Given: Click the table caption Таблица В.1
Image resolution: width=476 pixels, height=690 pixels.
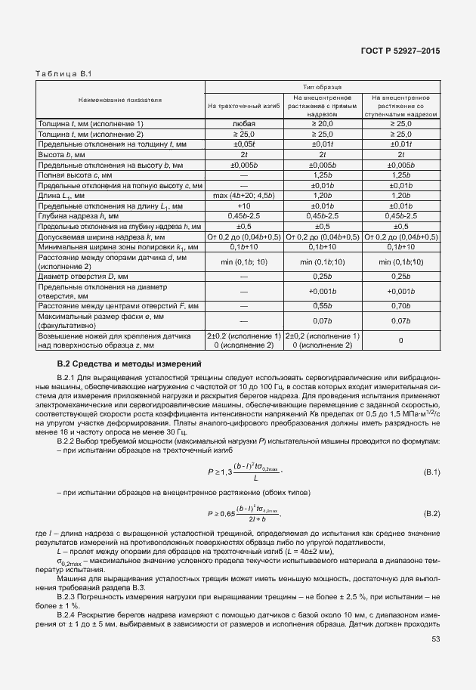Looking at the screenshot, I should click(x=63, y=73).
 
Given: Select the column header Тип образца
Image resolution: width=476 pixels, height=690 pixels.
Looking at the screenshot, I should click(x=323, y=87).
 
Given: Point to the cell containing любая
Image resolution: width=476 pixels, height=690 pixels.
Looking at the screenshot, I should click(x=243, y=123).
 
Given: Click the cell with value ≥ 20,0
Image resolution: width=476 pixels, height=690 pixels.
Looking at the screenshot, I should click(x=323, y=123).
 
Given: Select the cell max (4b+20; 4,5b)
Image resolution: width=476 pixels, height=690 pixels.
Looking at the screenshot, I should click(x=243, y=196).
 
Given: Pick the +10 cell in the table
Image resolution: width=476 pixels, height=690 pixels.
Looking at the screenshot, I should click(x=243, y=206).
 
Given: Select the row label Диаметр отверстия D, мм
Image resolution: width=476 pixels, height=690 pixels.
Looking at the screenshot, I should click(x=84, y=277).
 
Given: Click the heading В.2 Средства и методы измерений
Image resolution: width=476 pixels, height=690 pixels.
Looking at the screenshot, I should click(x=126, y=364).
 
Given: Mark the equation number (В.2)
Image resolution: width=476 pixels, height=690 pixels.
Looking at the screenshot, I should click(x=431, y=514).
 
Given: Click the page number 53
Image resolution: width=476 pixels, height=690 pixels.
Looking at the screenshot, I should click(x=435, y=660).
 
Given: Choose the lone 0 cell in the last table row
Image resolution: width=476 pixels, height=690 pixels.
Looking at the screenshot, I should click(x=400, y=340).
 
